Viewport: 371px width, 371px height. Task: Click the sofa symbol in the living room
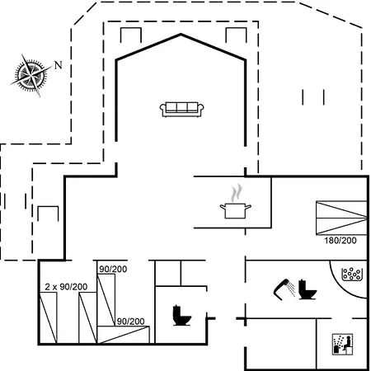(181, 110)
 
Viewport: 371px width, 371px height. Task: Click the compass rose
(31, 75)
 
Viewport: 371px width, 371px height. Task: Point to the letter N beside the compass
(58, 65)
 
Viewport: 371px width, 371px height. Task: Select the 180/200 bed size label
(340, 241)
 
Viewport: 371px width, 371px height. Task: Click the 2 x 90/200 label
(66, 287)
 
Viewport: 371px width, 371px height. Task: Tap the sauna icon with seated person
(342, 345)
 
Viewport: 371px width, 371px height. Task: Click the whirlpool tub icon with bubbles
(351, 275)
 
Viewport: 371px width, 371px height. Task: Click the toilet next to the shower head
(308, 289)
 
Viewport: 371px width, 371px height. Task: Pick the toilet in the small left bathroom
(181, 315)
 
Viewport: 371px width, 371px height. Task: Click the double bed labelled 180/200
(341, 218)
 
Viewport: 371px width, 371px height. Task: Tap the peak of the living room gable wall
(181, 35)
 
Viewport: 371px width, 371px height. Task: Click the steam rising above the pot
(237, 193)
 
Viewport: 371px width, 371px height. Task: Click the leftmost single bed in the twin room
(49, 318)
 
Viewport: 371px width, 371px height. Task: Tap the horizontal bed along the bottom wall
(124, 335)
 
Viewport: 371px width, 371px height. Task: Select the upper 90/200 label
(113, 269)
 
